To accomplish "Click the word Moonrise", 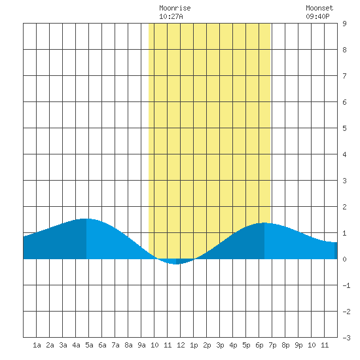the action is click(175, 8).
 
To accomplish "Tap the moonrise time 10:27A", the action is click(171, 16).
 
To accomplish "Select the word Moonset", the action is click(319, 8).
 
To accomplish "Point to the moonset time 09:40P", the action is click(317, 16).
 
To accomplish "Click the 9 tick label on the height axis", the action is click(344, 24).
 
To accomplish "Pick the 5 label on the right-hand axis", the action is click(344, 128).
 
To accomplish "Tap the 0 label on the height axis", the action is click(344, 259).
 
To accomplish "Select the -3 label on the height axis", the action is click(346, 338).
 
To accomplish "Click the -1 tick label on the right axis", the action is click(346, 285).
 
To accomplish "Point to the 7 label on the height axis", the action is click(344, 76).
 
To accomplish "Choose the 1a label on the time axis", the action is click(37, 345).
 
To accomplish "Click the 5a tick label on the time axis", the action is click(89, 345).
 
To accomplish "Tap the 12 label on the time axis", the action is click(181, 345).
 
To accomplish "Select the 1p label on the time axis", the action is click(194, 345).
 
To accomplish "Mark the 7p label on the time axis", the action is click(272, 345).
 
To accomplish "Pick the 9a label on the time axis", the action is click(141, 345).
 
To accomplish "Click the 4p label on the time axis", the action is click(233, 345).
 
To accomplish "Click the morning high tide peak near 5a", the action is click(86, 219).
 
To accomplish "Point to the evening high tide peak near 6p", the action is click(264, 223).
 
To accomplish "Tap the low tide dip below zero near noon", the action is click(176, 264).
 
